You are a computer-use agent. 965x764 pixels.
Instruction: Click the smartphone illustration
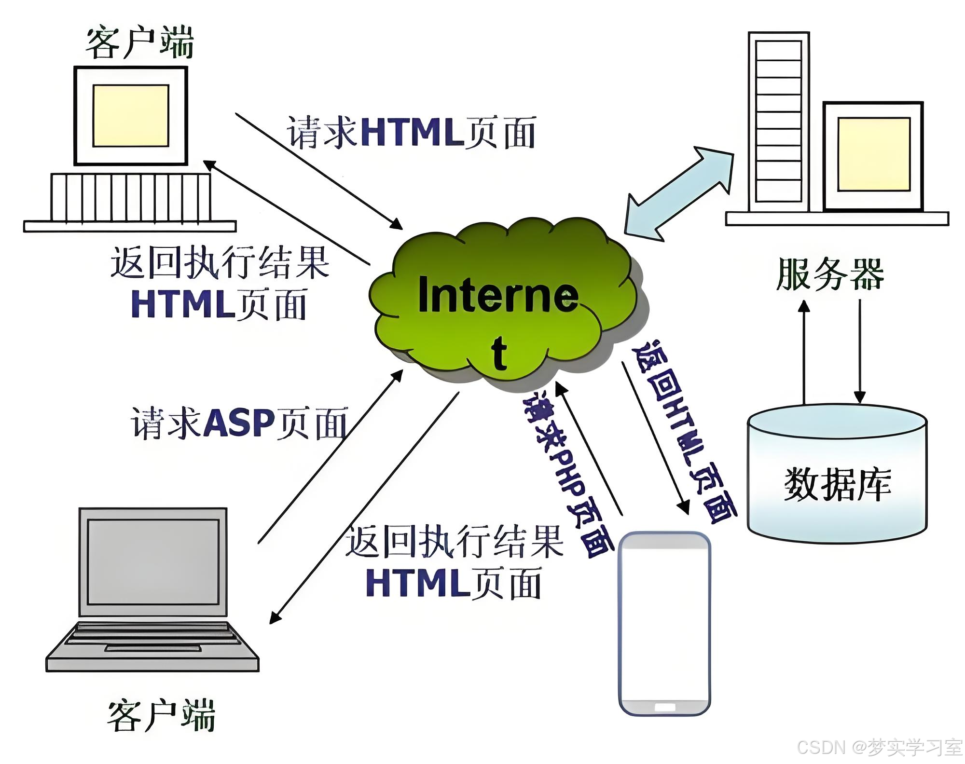pos(664,622)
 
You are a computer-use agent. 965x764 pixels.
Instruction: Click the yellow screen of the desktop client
pos(131,116)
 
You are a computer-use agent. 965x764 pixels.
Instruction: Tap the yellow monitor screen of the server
pos(874,154)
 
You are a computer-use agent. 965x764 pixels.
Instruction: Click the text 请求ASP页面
pos(239,423)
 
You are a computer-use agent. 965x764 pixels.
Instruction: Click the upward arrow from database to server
pos(804,352)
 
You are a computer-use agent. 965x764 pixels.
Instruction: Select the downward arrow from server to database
pos(860,352)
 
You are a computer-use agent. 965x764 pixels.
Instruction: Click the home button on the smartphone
pos(664,707)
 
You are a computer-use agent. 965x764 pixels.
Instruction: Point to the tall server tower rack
pos(779,121)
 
